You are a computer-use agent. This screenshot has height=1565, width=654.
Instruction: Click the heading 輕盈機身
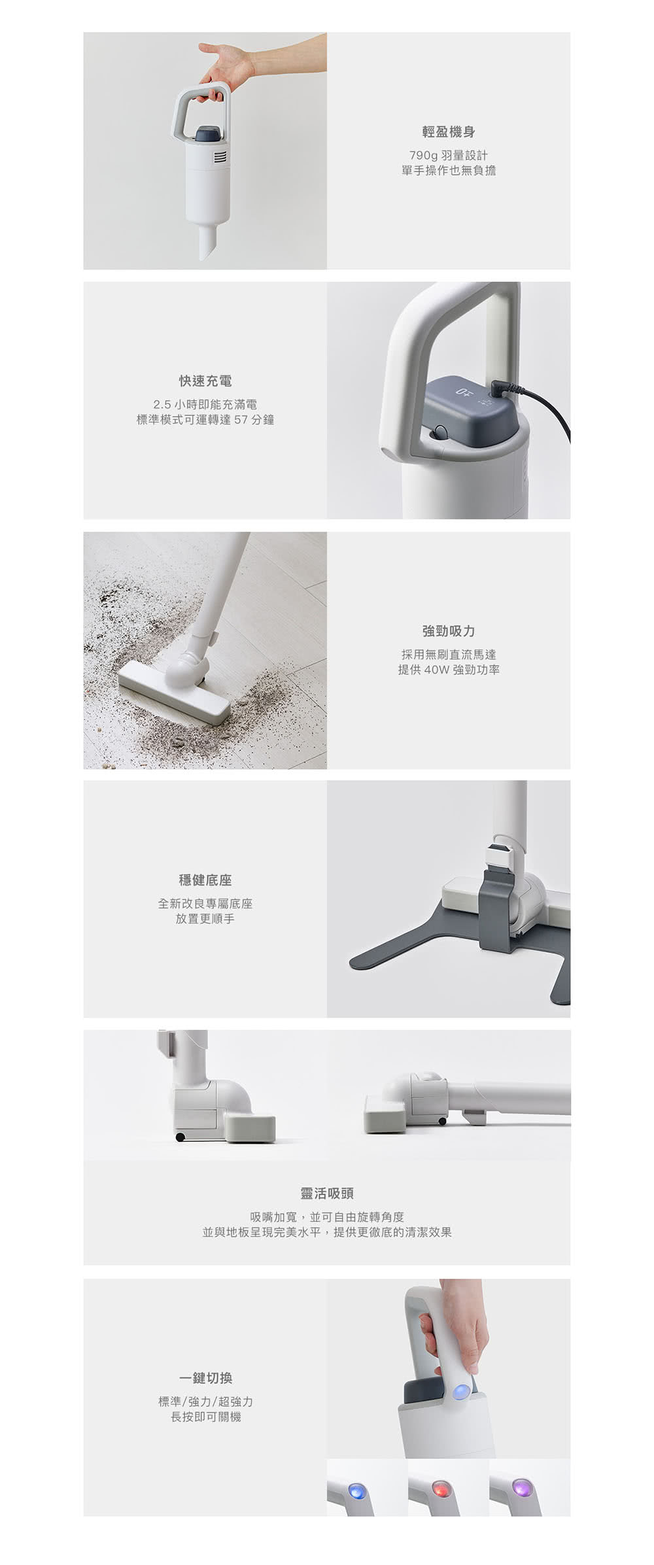(x=449, y=132)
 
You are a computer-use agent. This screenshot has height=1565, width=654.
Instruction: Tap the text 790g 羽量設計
(x=449, y=155)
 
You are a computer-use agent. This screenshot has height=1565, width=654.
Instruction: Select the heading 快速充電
(x=205, y=381)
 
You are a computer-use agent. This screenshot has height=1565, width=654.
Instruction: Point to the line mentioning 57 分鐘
(x=205, y=419)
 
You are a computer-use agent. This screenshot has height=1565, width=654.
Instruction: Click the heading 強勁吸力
(x=449, y=631)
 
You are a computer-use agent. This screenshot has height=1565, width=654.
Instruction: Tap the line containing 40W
(x=449, y=670)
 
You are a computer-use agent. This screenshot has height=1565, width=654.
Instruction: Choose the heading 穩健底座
(x=205, y=880)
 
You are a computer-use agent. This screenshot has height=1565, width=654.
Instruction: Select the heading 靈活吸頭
(x=327, y=1194)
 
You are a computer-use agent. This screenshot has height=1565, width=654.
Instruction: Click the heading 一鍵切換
(x=205, y=1379)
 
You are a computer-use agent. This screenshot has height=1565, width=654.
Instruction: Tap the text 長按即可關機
(x=205, y=1417)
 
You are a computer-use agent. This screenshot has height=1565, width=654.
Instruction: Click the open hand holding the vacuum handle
(x=226, y=65)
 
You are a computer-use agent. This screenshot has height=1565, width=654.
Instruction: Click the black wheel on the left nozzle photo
(x=180, y=1137)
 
